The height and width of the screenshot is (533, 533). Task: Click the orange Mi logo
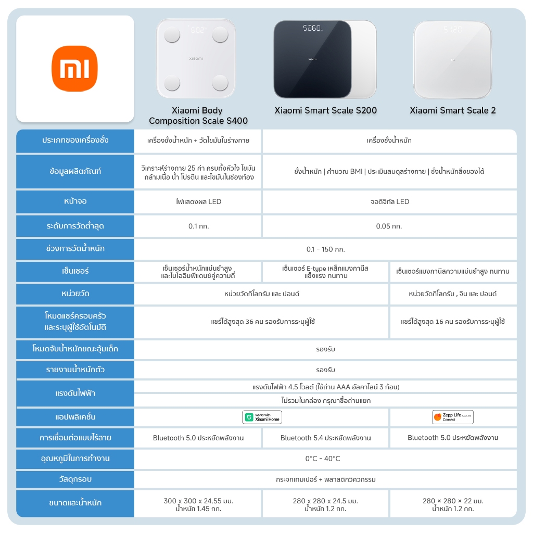[x=74, y=68]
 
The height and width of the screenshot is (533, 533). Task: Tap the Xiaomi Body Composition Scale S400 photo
[x=196, y=59]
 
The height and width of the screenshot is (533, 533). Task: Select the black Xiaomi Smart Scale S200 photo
[x=312, y=59]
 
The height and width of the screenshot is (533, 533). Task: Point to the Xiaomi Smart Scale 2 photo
[x=452, y=59]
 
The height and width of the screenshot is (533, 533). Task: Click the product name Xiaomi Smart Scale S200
[x=325, y=110]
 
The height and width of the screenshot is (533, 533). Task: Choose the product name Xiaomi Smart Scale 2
[x=452, y=110]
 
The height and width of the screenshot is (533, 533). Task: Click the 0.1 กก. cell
[x=198, y=226]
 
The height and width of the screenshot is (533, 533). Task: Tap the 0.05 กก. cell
[x=389, y=226]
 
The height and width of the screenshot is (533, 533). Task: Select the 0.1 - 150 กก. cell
[x=325, y=249]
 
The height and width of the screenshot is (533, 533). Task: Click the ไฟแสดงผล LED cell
[x=198, y=201]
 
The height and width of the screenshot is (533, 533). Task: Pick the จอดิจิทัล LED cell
[x=389, y=201]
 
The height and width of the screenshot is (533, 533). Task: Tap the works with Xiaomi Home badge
[x=262, y=417]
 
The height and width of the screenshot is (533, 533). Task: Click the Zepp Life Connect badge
[x=452, y=417]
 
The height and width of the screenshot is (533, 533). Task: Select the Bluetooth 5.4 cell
[x=325, y=438]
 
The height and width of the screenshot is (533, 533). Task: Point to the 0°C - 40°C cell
[x=325, y=459]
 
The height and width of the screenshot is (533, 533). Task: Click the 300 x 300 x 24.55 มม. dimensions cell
[x=198, y=504]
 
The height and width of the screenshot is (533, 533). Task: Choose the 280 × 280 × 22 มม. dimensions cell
[x=453, y=504]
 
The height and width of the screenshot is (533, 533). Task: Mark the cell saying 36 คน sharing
[x=262, y=322]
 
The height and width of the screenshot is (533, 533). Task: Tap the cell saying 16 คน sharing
[x=453, y=322]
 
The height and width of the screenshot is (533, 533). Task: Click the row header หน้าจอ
[x=75, y=201]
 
